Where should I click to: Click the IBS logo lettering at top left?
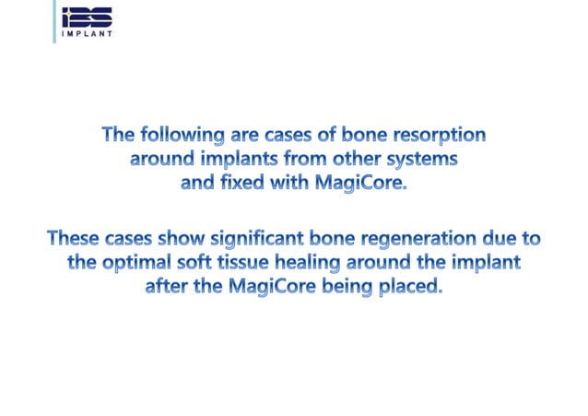click(x=87, y=17)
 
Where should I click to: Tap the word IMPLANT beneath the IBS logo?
click(x=87, y=35)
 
